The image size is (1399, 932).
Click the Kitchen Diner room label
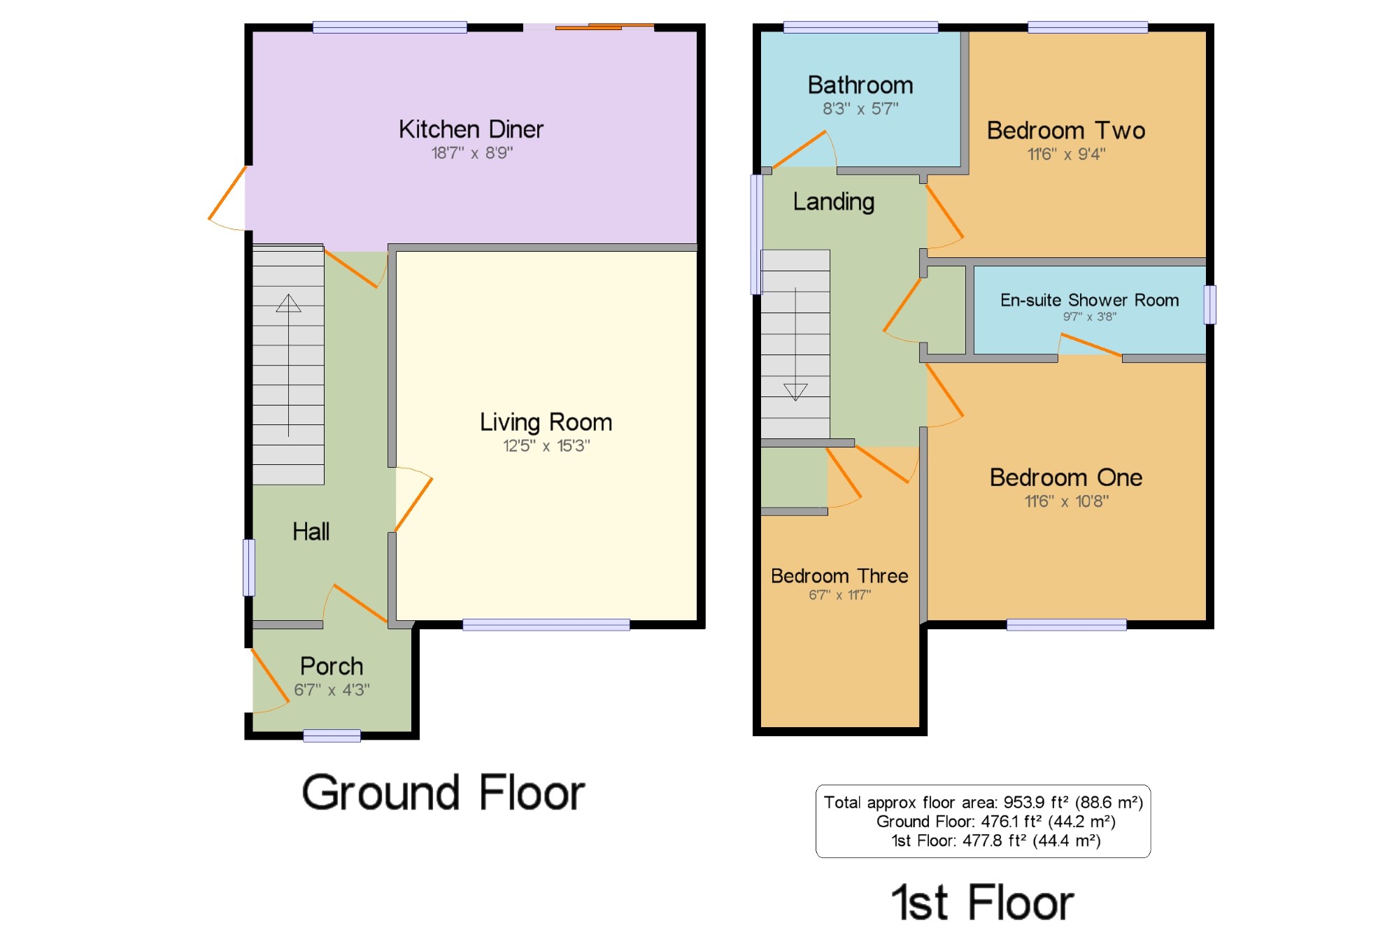coord(471,129)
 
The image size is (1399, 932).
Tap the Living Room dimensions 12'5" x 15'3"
coord(546,445)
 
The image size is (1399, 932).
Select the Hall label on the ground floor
coord(311,531)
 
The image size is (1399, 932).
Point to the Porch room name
coord(332,666)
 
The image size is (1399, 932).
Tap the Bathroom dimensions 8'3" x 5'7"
coord(860,108)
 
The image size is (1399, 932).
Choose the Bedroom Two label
coord(1066,131)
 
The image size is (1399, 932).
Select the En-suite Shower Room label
coord(1089,300)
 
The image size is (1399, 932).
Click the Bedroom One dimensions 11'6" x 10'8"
coord(1066,501)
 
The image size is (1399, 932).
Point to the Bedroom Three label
coord(839,575)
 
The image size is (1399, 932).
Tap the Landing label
coord(834,202)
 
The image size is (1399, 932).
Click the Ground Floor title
coord(443,793)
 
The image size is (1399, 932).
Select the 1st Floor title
coord(983,902)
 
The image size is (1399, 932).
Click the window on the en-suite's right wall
coord(1210,305)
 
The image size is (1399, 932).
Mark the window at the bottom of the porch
coord(332,736)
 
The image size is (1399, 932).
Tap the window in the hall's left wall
coord(249,567)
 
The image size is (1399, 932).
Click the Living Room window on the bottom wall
coord(546,625)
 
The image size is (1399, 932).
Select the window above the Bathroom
coord(860,27)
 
